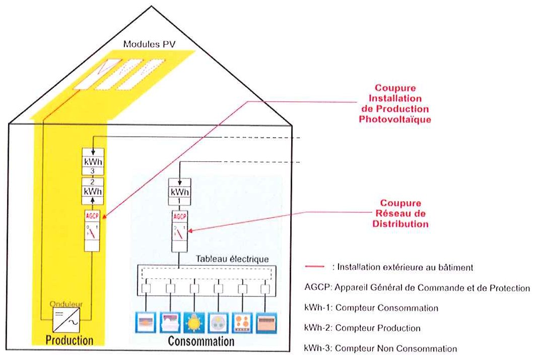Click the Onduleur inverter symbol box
(66, 320)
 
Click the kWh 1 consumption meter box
(180, 192)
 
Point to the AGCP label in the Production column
(92, 216)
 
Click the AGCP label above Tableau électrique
(180, 216)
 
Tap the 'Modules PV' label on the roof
(149, 44)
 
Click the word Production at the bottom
(70, 340)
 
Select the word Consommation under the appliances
(201, 341)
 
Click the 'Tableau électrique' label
(232, 259)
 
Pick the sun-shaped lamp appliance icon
(194, 323)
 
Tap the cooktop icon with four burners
(242, 323)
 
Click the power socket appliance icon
(218, 323)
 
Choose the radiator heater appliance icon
(266, 323)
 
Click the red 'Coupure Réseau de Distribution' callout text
(400, 214)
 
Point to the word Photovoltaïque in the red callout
(395, 119)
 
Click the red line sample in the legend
(314, 267)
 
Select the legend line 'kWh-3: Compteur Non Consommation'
(380, 349)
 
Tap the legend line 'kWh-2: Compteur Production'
(362, 328)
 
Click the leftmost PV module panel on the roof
(98, 75)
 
